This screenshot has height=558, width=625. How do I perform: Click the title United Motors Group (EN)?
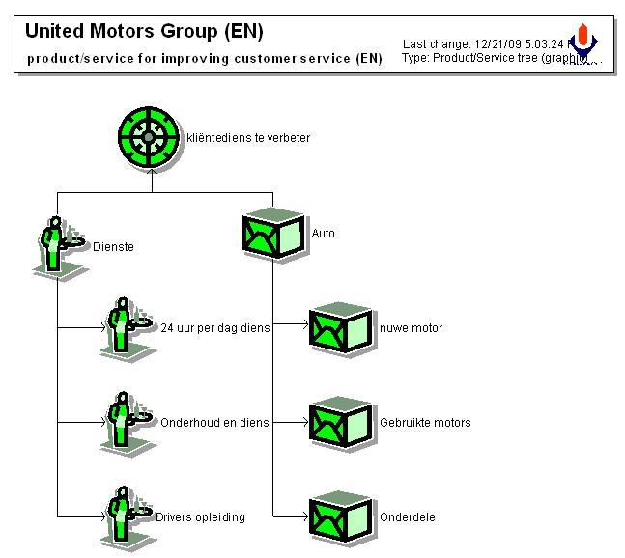[x=144, y=31]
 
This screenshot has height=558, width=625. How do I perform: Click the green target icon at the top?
[x=148, y=138]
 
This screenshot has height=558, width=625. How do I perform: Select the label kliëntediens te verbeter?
[x=248, y=138]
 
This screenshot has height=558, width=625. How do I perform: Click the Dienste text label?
[x=113, y=247]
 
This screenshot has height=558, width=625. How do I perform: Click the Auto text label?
[x=323, y=234]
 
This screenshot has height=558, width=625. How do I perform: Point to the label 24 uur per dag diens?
[x=214, y=328]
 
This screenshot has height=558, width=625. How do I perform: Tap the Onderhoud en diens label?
[x=214, y=423]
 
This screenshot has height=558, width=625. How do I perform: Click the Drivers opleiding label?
[x=200, y=517]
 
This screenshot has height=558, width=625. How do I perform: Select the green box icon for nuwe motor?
[x=340, y=329]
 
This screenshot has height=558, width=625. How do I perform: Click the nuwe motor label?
[x=411, y=328]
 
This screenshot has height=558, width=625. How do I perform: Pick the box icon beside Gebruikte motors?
[x=340, y=423]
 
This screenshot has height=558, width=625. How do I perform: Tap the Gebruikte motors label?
[x=425, y=423]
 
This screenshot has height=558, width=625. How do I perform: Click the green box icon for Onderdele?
[x=340, y=517]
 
